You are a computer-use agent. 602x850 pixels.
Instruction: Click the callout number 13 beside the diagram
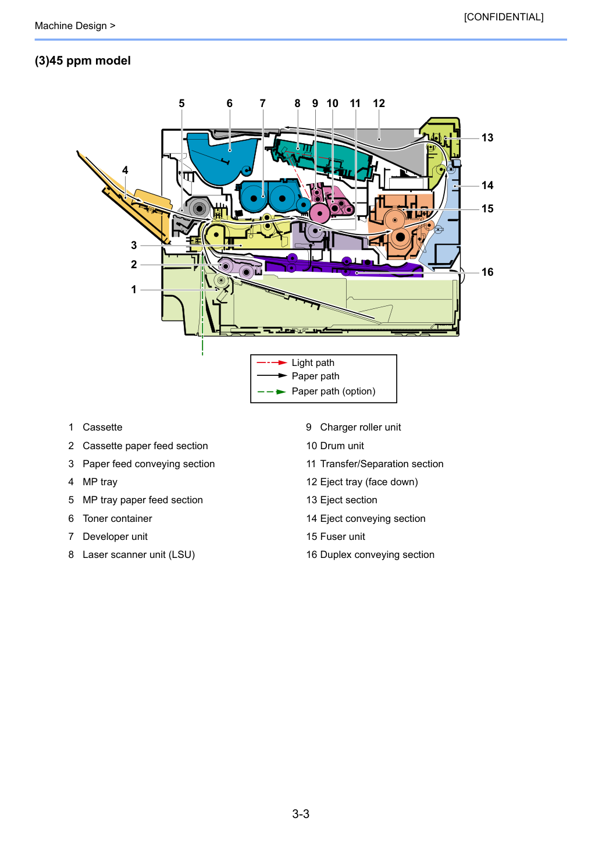click(x=487, y=137)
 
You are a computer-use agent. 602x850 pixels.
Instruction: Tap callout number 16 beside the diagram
click(x=487, y=272)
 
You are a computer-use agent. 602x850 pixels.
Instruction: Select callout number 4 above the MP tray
click(x=125, y=170)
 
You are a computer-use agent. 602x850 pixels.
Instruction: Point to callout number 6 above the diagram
click(x=230, y=103)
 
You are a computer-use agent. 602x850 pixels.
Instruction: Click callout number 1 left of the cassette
click(x=134, y=290)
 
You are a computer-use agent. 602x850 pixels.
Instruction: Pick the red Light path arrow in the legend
click(x=272, y=362)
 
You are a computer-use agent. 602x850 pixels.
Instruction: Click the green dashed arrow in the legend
click(x=272, y=392)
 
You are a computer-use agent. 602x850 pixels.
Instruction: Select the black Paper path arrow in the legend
click(x=272, y=376)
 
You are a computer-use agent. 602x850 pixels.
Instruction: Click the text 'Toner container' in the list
click(x=117, y=518)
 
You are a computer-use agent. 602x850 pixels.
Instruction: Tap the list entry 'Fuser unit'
click(x=343, y=536)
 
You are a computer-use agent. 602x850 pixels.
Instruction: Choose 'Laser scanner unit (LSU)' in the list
click(x=139, y=555)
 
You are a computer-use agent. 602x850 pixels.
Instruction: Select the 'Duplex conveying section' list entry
click(x=377, y=555)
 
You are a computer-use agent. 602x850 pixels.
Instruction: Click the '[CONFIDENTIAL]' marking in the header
click(x=503, y=17)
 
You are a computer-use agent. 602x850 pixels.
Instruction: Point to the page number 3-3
click(x=301, y=813)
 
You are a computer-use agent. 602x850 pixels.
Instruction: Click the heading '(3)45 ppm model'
click(x=83, y=61)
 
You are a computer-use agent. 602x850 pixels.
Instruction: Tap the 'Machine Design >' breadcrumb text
click(x=75, y=26)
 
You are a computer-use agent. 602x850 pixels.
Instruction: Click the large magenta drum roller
click(x=320, y=214)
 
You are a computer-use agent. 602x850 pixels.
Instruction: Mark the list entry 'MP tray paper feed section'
click(x=143, y=500)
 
